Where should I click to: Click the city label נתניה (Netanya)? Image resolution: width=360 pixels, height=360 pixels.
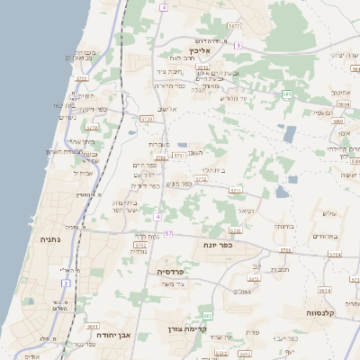49,239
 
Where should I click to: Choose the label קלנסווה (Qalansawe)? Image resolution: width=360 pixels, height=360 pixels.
323,313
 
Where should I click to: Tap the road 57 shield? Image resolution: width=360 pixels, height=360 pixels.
168,233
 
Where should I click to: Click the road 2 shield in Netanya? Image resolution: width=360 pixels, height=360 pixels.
67,283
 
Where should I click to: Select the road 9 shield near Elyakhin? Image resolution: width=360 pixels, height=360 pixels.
238,44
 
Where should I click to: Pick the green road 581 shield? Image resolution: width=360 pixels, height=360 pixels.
287,94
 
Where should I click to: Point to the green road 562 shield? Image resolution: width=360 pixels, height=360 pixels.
208,316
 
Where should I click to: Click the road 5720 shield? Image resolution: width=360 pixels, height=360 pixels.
147,118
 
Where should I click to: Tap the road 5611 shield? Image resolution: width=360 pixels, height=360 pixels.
93,328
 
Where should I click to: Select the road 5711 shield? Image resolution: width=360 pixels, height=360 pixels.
236,191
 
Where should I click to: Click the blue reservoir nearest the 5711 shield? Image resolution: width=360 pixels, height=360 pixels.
282,192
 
